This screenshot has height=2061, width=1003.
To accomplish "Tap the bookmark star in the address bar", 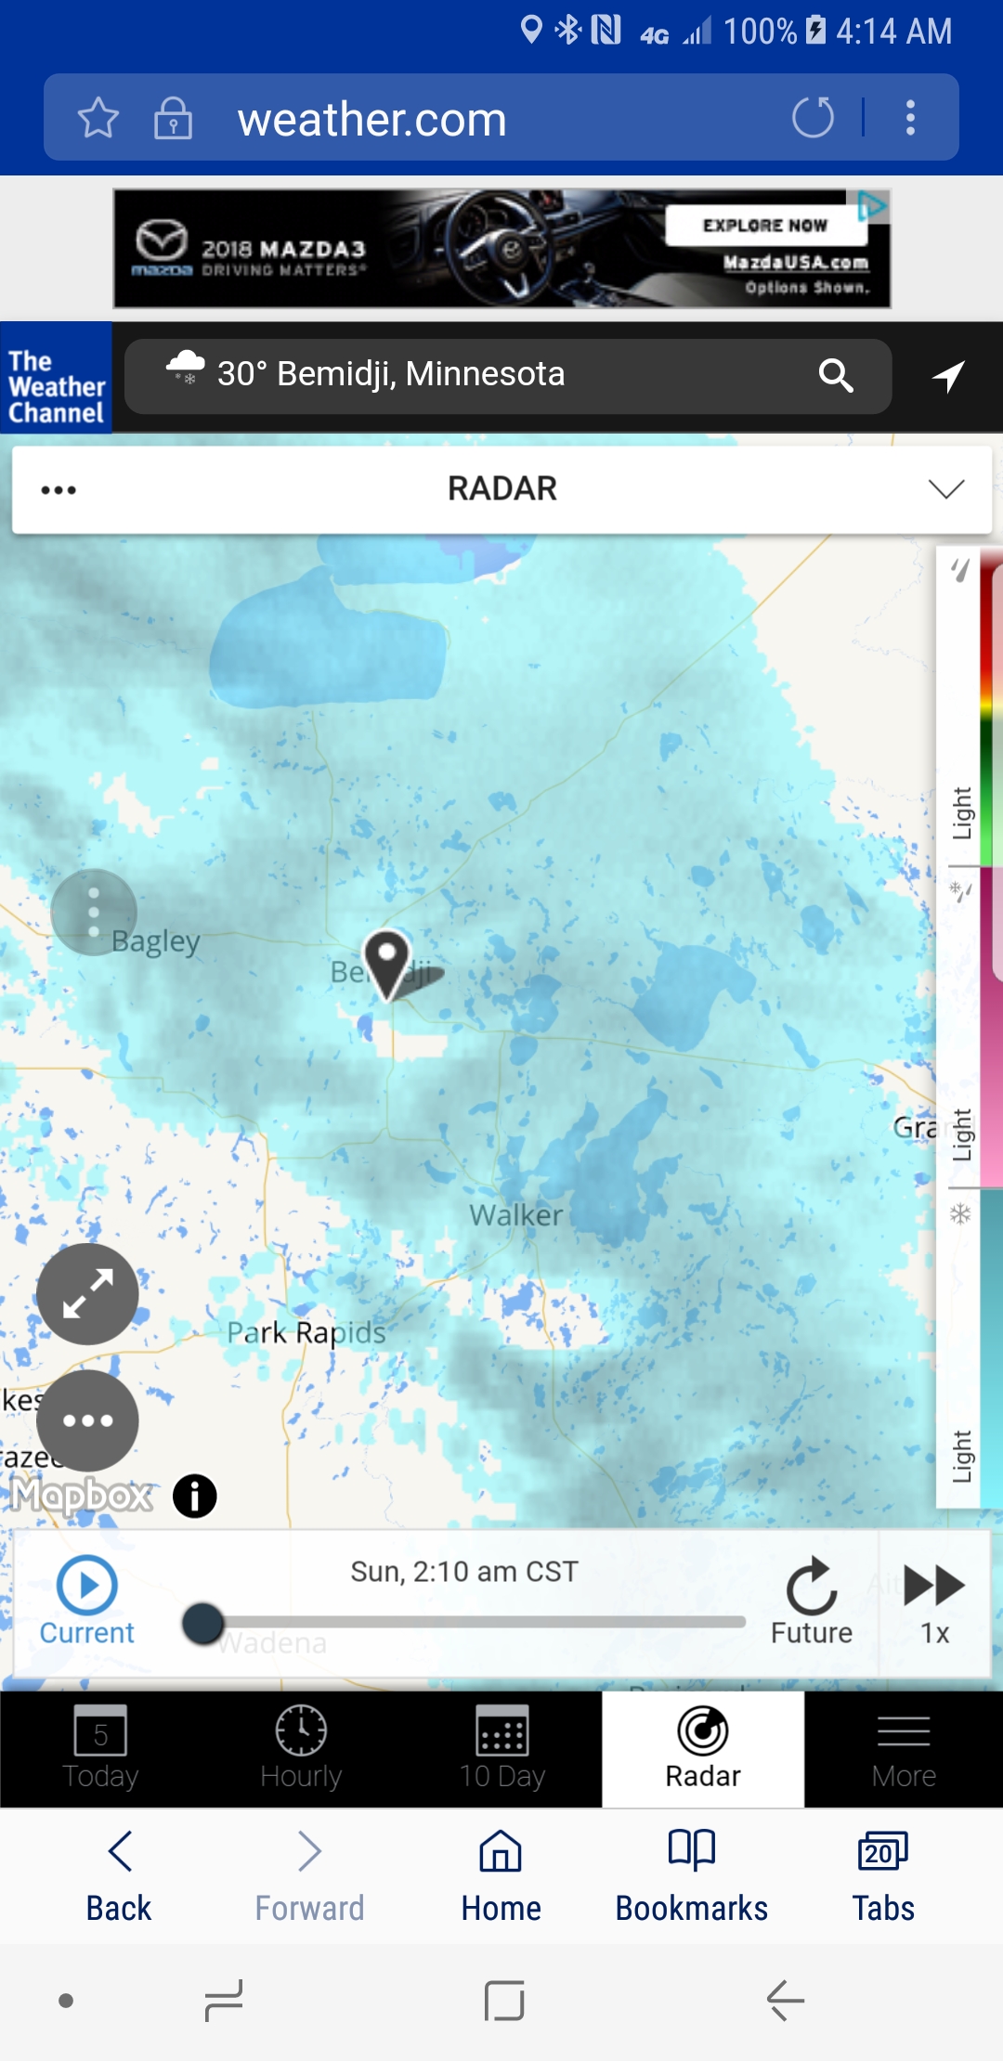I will [x=98, y=118].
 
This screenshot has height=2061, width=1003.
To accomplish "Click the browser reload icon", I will [x=813, y=118].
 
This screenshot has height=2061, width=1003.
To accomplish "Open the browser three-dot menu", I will [x=910, y=118].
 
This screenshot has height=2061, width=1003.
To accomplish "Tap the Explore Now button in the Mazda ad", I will [x=764, y=226].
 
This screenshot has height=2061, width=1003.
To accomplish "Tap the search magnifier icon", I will [x=836, y=376].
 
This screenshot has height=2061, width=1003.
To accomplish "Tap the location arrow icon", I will [x=948, y=376].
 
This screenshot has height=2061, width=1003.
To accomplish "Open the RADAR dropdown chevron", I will [x=945, y=489].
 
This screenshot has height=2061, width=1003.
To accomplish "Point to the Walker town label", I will [x=515, y=1215].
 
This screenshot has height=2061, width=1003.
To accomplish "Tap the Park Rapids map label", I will [x=306, y=1333].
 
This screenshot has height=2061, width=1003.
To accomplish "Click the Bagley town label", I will [x=156, y=941].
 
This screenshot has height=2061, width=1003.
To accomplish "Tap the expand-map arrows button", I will [x=87, y=1294].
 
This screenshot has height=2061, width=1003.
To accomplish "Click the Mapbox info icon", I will [x=195, y=1497].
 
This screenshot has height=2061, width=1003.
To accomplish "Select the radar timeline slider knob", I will [x=203, y=1623].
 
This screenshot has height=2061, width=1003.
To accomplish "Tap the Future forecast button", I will [x=812, y=1601].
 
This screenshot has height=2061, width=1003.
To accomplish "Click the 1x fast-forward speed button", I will [x=934, y=1601].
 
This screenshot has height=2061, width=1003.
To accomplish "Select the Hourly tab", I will [x=301, y=1748].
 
